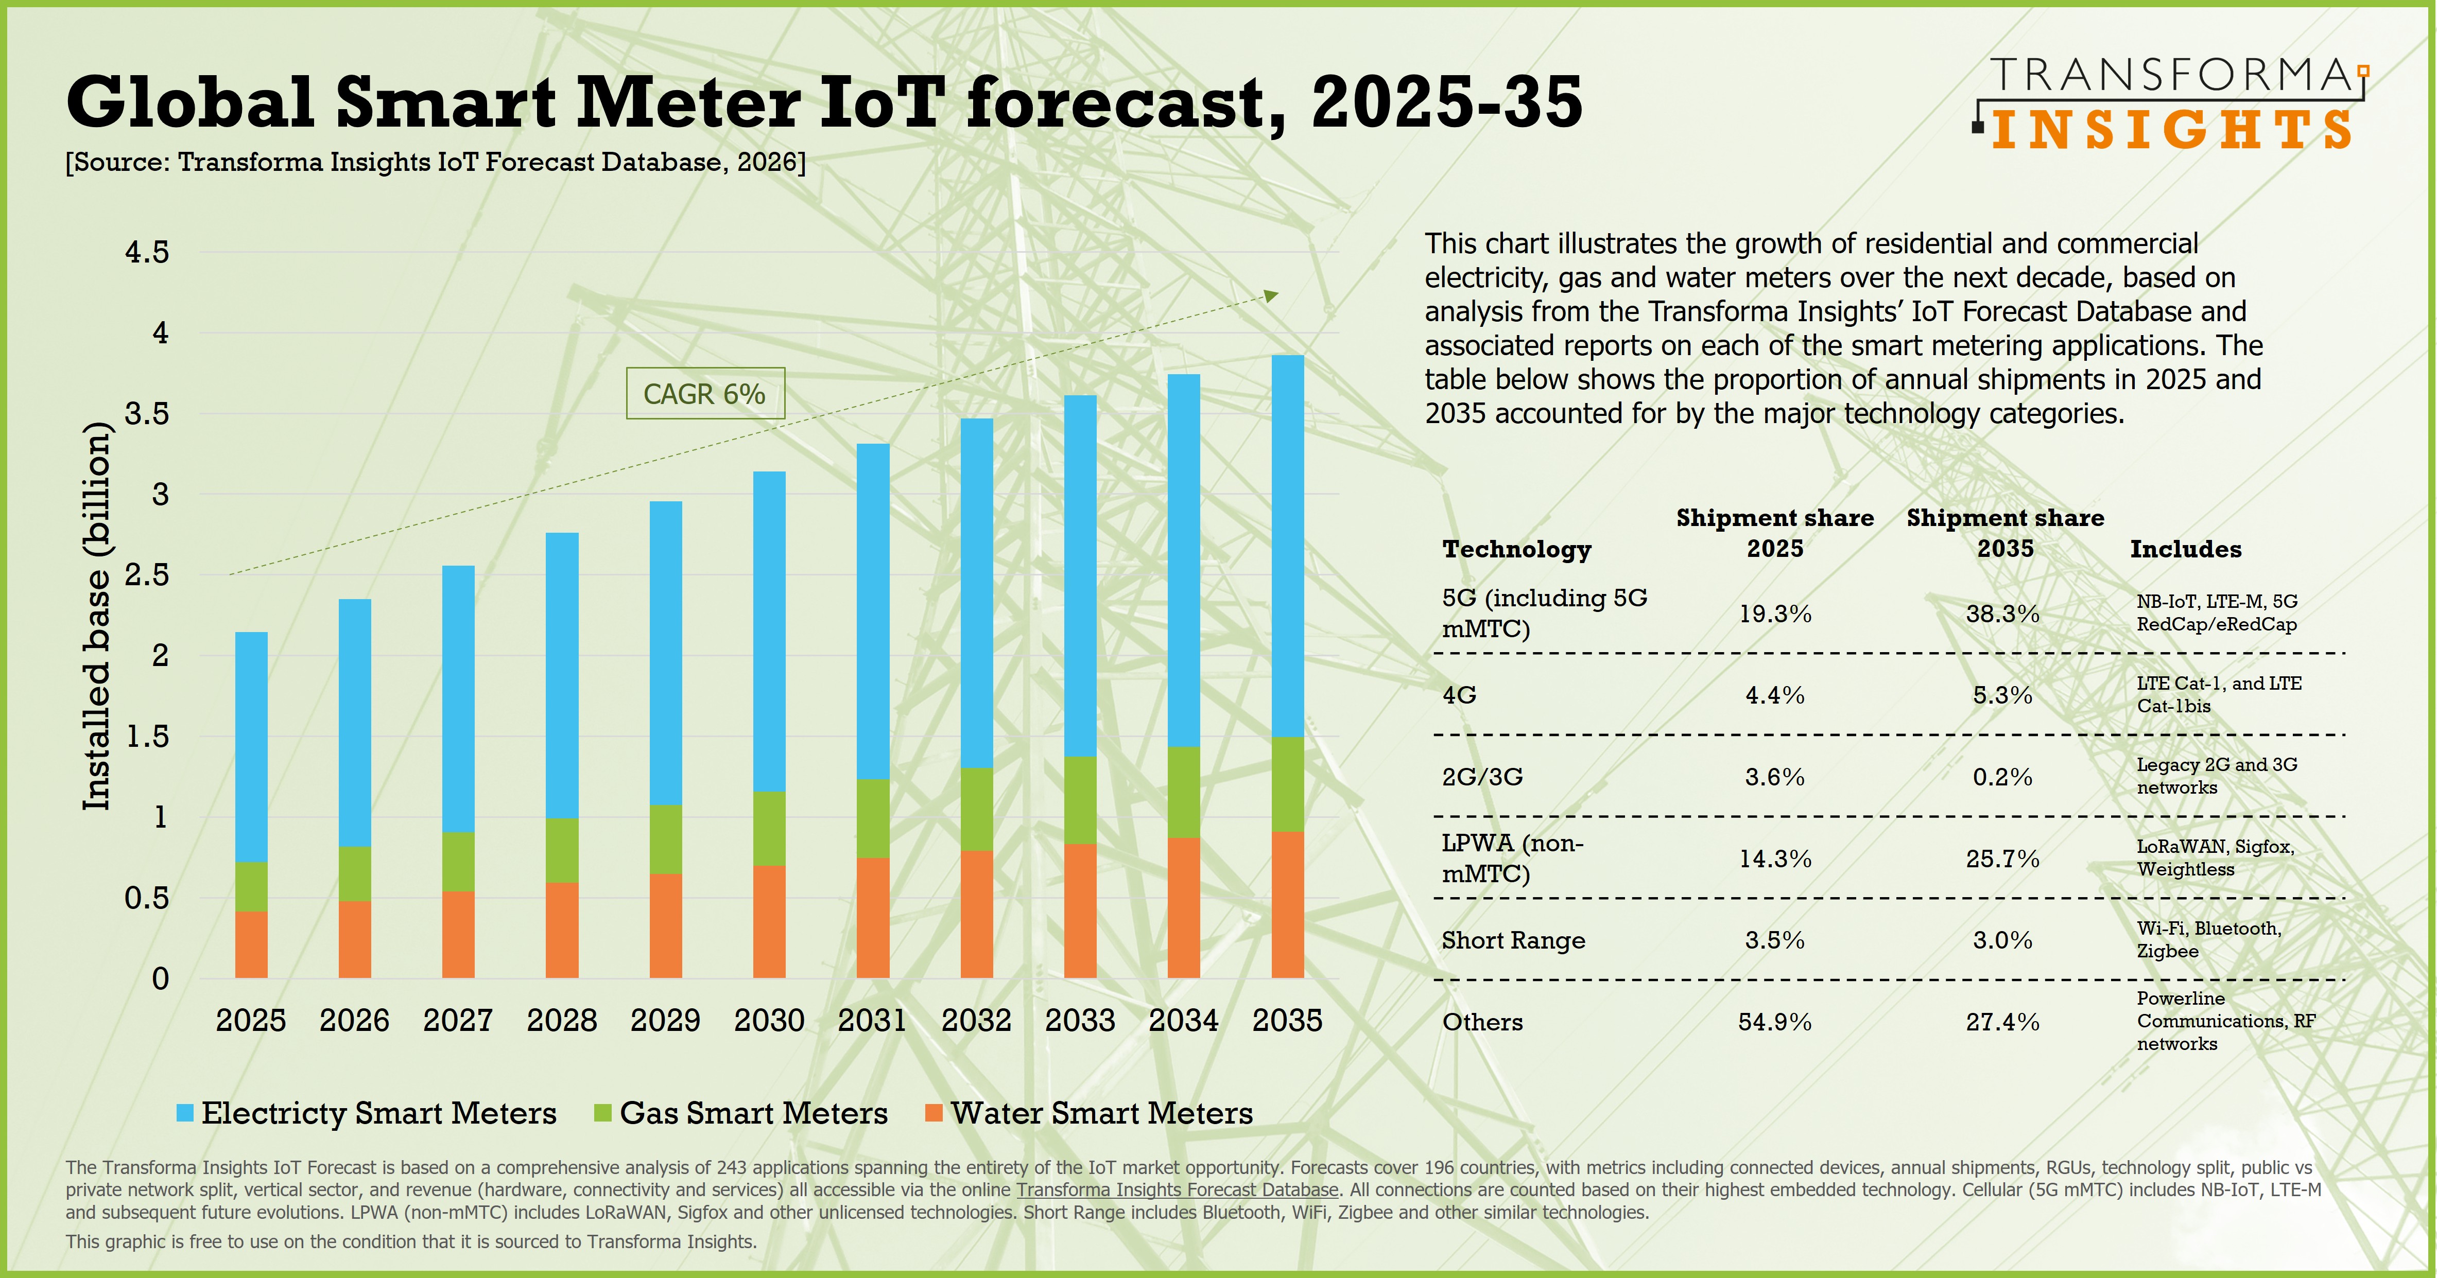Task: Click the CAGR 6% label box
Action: pyautogui.click(x=705, y=394)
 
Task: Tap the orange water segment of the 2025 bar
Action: pyautogui.click(x=251, y=944)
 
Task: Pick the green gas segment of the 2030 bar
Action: pyautogui.click(x=769, y=829)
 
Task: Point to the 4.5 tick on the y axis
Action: pyautogui.click(x=147, y=253)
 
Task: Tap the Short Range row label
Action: pyautogui.click(x=1513, y=940)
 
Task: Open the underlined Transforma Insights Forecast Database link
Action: pyautogui.click(x=1177, y=1190)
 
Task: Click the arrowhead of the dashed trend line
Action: pyautogui.click(x=1271, y=296)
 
